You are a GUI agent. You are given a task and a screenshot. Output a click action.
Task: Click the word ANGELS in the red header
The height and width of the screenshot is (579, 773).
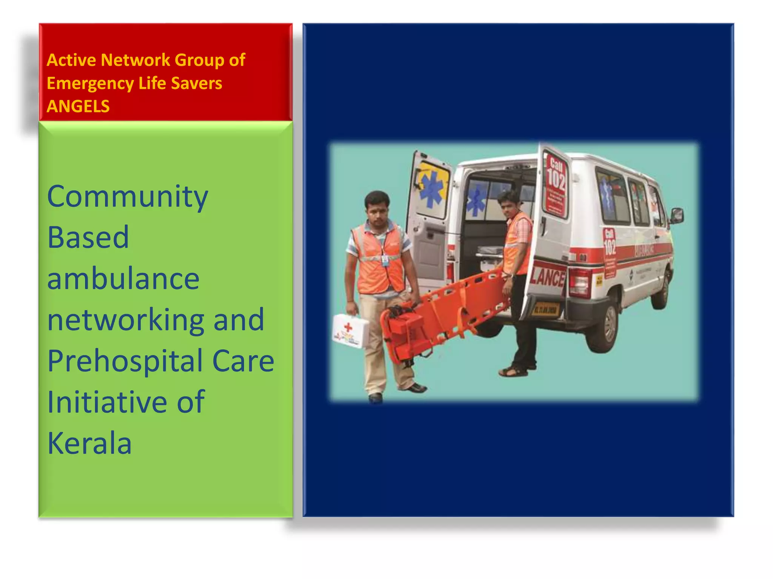pyautogui.click(x=78, y=107)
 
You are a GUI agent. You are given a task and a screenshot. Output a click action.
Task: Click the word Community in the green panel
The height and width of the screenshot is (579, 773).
pyautogui.click(x=128, y=197)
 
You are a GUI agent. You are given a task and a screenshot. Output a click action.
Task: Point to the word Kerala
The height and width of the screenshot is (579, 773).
pyautogui.click(x=89, y=444)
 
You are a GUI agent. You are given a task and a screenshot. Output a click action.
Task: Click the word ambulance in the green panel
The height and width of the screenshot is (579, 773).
pyautogui.click(x=123, y=279)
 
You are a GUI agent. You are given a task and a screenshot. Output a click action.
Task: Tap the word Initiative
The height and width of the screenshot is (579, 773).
pyautogui.click(x=107, y=402)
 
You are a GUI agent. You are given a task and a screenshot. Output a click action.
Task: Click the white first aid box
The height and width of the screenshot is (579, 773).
pyautogui.click(x=351, y=331)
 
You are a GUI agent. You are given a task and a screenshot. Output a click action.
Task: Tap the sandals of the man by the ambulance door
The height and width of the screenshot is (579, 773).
pyautogui.click(x=514, y=371)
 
